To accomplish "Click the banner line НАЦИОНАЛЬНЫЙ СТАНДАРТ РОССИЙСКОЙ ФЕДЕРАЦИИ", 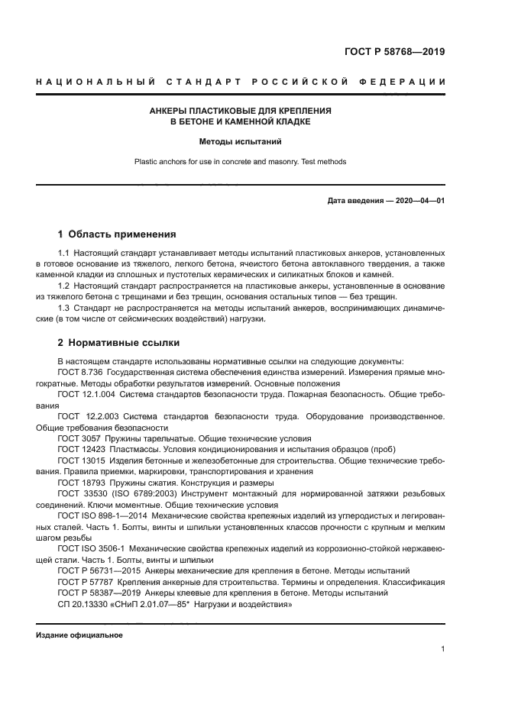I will pyautogui.click(x=239, y=82).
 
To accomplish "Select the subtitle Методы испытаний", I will pyautogui.click(x=240, y=141).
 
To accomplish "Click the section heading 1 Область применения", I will pyautogui.click(x=117, y=234).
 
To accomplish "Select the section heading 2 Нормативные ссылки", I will pyautogui.click(x=118, y=342).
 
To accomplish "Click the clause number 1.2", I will pyautogui.click(x=64, y=286).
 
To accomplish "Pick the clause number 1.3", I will pyautogui.click(x=64, y=308).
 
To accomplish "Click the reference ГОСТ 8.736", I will pyautogui.click(x=80, y=372).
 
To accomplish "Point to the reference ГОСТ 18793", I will pyautogui.click(x=80, y=483).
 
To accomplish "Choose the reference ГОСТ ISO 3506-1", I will pyautogui.click(x=90, y=548).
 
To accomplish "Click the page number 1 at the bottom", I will pyautogui.click(x=443, y=650).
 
